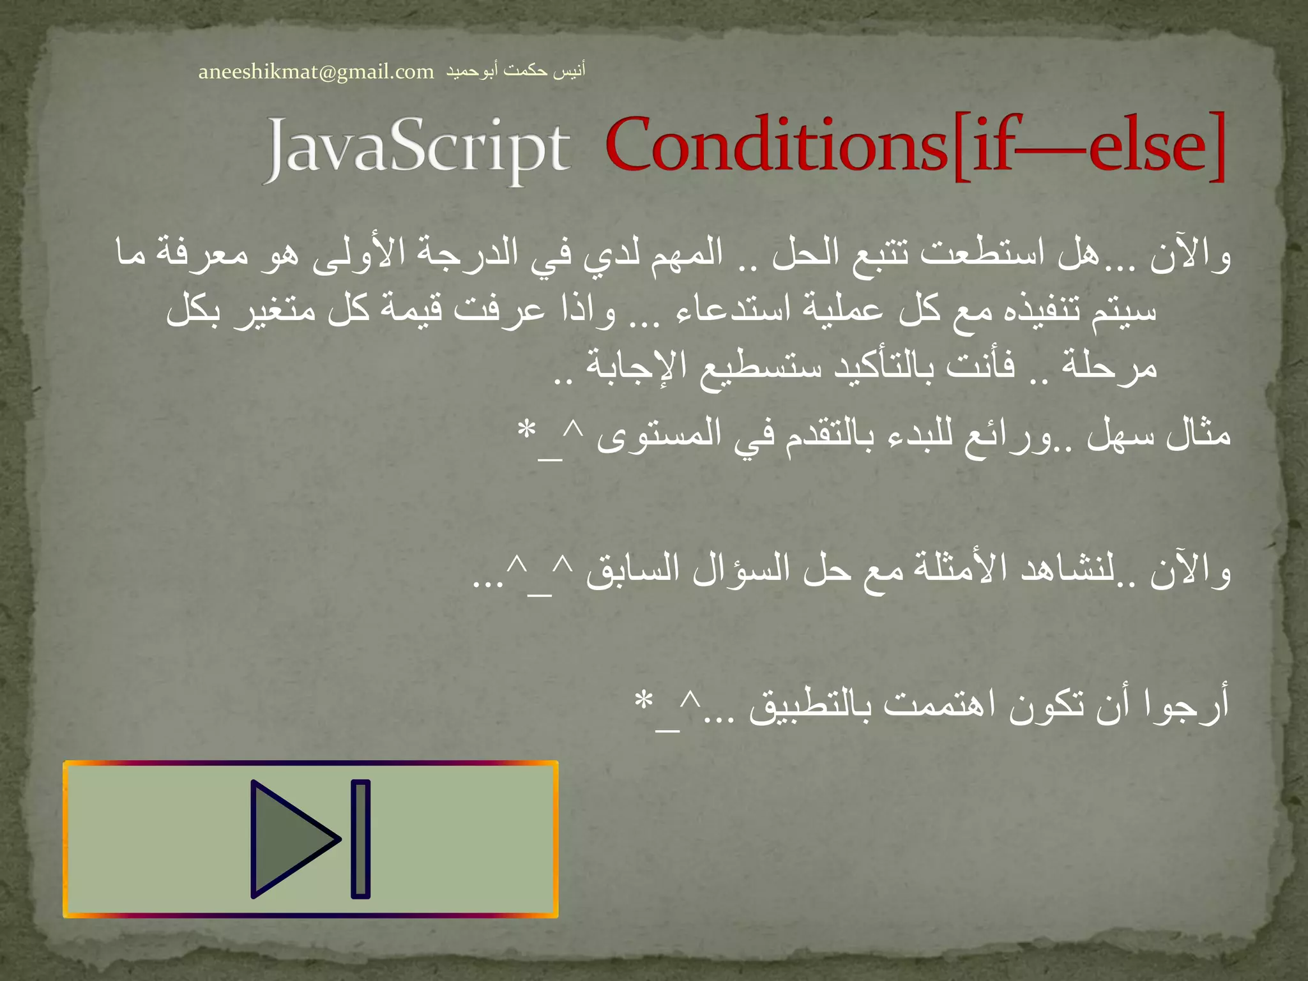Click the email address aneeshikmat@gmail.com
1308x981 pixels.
click(x=316, y=72)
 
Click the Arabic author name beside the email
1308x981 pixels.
click(x=515, y=70)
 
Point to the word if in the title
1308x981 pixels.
click(x=994, y=146)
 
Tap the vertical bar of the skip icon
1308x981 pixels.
click(x=361, y=839)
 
